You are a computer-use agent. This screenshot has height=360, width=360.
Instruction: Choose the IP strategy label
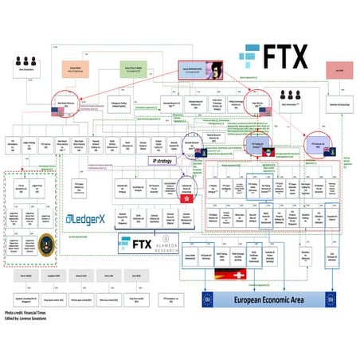click(x=161, y=160)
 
